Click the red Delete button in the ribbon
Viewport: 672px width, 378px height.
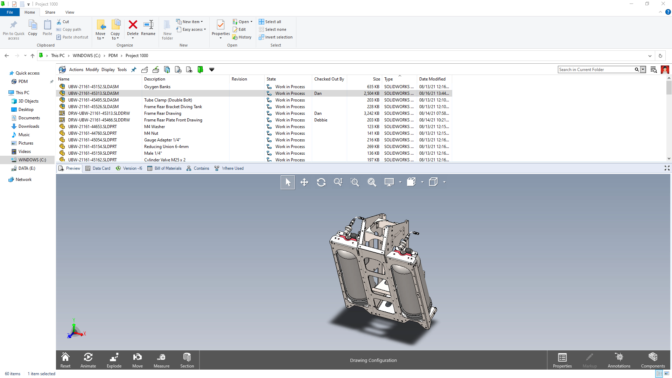coord(133,28)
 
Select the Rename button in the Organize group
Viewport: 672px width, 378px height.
coord(148,28)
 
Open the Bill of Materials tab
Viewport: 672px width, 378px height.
coord(164,168)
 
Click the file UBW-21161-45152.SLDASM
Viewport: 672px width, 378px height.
coord(93,87)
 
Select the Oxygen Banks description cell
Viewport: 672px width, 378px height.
coord(157,87)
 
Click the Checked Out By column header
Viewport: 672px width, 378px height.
coord(329,79)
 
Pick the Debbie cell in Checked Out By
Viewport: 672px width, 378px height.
coord(321,120)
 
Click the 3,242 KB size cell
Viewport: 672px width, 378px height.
coord(371,113)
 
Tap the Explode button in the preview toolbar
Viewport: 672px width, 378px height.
coord(114,360)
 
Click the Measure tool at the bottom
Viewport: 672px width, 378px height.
coord(161,360)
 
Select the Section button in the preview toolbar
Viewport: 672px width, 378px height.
coord(187,360)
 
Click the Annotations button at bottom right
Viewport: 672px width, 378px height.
coord(619,360)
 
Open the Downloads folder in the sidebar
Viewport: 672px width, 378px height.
coord(29,126)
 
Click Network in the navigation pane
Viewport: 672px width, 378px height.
coord(23,180)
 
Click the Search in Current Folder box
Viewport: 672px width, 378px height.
coord(596,70)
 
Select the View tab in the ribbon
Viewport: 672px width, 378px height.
coord(70,12)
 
